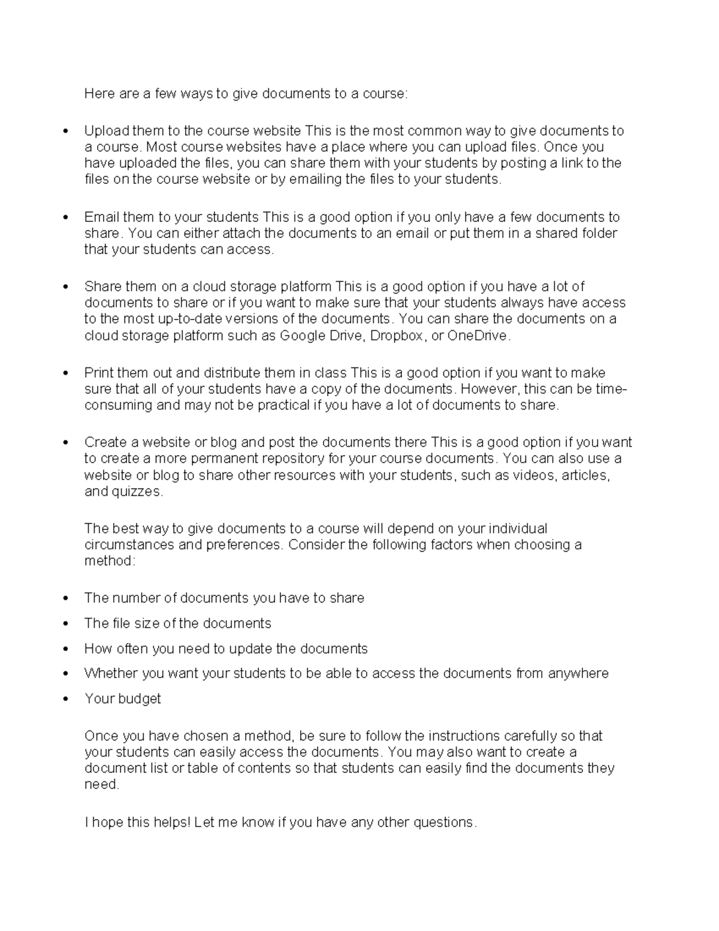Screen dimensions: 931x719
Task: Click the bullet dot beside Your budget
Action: coord(66,699)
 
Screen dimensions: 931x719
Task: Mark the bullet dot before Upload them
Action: coord(66,131)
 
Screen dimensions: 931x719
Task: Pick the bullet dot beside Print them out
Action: coord(66,373)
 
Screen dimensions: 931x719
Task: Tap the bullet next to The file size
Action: coord(66,623)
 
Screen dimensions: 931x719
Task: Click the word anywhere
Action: coord(578,673)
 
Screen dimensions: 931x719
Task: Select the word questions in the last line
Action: coord(444,822)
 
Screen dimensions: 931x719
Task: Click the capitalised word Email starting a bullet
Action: coord(101,217)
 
